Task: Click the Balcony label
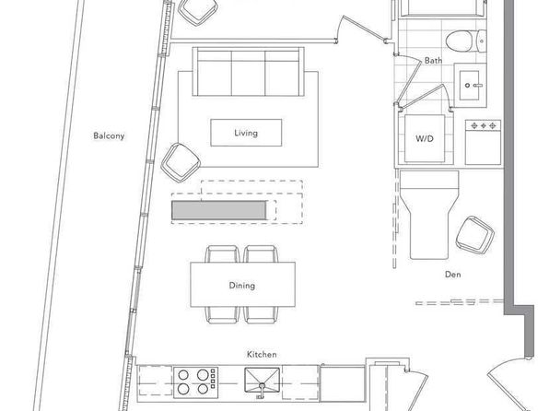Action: click(109, 136)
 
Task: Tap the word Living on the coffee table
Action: click(246, 133)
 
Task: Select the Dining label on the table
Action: click(242, 286)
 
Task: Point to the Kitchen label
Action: click(262, 354)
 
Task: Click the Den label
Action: click(452, 275)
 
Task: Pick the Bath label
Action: click(433, 60)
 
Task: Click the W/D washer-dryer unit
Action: click(425, 139)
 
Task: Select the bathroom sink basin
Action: click(469, 85)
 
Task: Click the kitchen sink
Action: click(262, 381)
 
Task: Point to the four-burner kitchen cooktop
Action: click(195, 382)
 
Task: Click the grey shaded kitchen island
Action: click(219, 210)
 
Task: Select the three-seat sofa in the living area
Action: click(248, 72)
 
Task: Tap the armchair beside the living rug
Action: click(181, 162)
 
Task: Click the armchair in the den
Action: click(475, 234)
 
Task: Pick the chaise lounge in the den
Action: click(429, 215)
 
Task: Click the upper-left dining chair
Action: click(222, 254)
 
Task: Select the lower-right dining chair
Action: click(262, 315)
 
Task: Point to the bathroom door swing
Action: click(408, 80)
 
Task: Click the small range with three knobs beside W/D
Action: click(484, 142)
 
